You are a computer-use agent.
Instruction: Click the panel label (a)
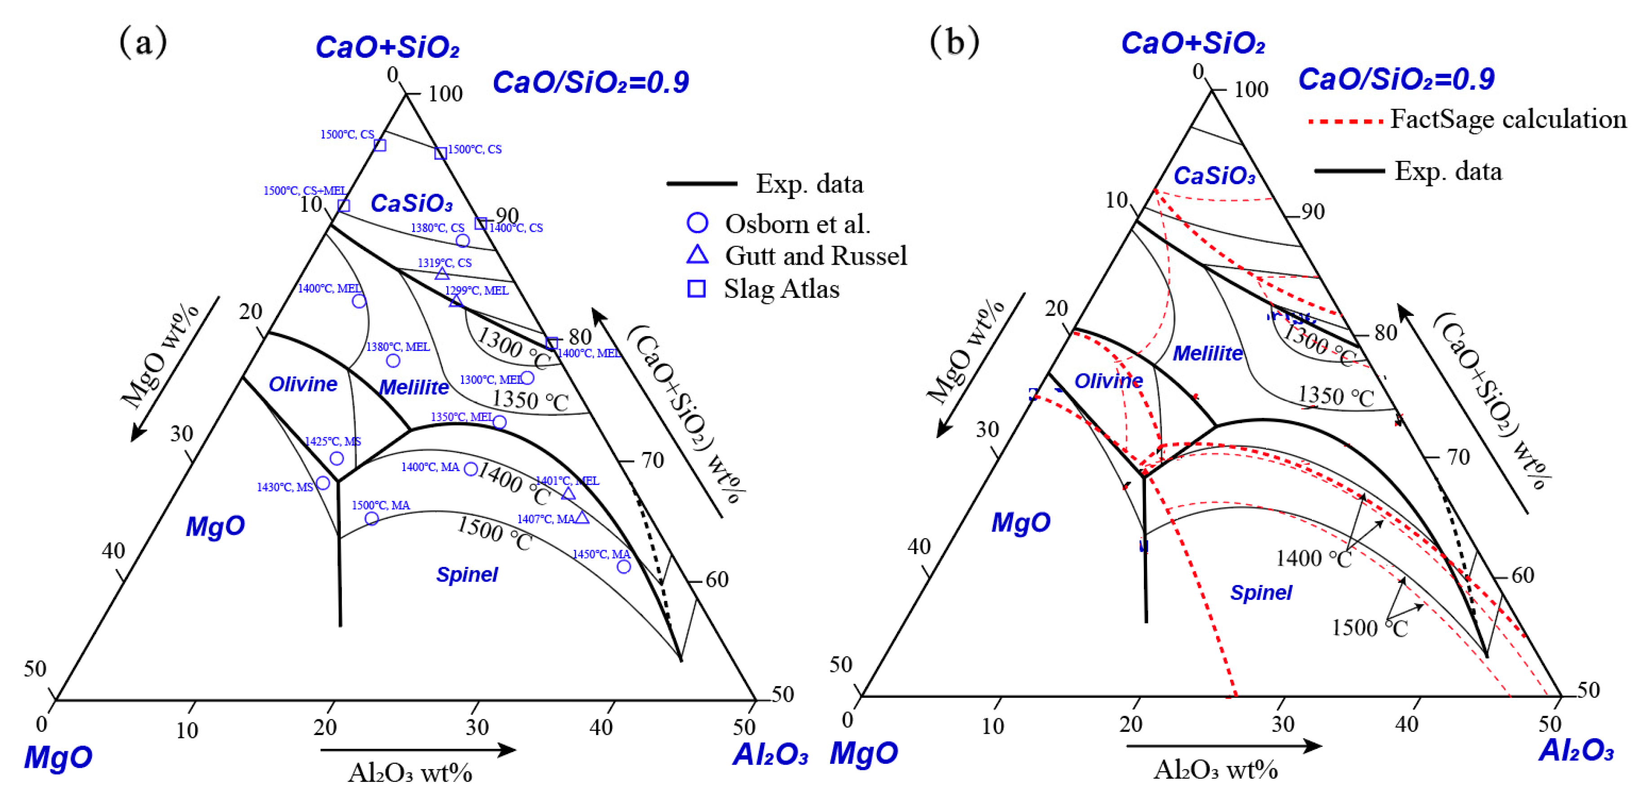(x=143, y=42)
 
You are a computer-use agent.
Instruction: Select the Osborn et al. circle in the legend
(x=698, y=223)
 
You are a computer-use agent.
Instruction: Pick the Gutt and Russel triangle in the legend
(x=698, y=255)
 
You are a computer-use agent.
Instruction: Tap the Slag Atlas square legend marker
(x=697, y=289)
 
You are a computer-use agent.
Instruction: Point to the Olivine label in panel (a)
(x=303, y=384)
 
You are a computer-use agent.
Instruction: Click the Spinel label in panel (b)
(x=1261, y=593)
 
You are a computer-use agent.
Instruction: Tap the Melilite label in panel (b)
(x=1207, y=353)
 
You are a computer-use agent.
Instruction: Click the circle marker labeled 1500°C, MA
(x=372, y=519)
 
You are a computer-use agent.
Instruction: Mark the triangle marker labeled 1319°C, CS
(x=442, y=274)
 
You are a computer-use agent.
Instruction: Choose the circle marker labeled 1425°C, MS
(x=337, y=458)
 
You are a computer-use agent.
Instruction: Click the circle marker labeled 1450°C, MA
(x=624, y=567)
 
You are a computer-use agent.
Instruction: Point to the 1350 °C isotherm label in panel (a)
(x=529, y=400)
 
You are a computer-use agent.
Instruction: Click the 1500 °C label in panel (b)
(x=1369, y=627)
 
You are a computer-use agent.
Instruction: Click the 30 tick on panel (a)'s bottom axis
(x=477, y=727)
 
